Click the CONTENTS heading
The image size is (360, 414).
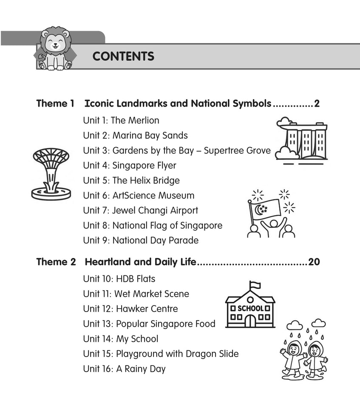tap(123, 57)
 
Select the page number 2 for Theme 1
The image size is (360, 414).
tap(317, 103)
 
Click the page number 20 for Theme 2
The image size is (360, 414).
tap(314, 262)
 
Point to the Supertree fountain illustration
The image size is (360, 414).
tap(51, 173)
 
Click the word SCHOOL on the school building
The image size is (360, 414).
tap(250, 308)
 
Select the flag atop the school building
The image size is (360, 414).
tap(255, 285)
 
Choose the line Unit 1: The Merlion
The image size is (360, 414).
tap(121, 120)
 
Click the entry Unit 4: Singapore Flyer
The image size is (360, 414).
tap(130, 165)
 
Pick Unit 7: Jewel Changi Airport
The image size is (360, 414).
tap(141, 210)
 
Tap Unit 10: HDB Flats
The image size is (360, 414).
tap(119, 279)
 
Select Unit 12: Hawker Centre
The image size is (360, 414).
tap(130, 309)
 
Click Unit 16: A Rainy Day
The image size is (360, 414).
tap(124, 369)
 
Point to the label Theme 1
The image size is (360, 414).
tap(55, 103)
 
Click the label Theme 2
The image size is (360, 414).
tap(56, 262)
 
